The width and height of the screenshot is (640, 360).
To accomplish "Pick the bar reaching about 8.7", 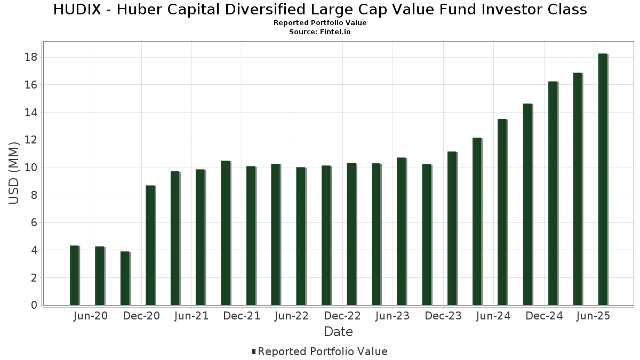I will pos(150,245).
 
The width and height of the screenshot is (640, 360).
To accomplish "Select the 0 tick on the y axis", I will pos(34,306).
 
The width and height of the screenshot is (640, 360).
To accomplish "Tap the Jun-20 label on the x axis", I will pos(91,316).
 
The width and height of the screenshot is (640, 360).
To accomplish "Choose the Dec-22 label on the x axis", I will pos(342,316).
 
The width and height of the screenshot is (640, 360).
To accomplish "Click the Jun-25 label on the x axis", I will pos(594,316).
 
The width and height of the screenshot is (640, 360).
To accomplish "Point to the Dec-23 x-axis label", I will pos(443,316).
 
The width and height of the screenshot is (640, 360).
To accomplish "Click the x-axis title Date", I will pos(338,332).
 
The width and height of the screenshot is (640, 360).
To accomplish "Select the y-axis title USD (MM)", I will pos(14,173).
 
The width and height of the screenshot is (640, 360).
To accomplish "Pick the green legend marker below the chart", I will pos(254,351).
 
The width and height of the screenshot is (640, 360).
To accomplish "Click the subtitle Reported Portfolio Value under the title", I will pos(320,23).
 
